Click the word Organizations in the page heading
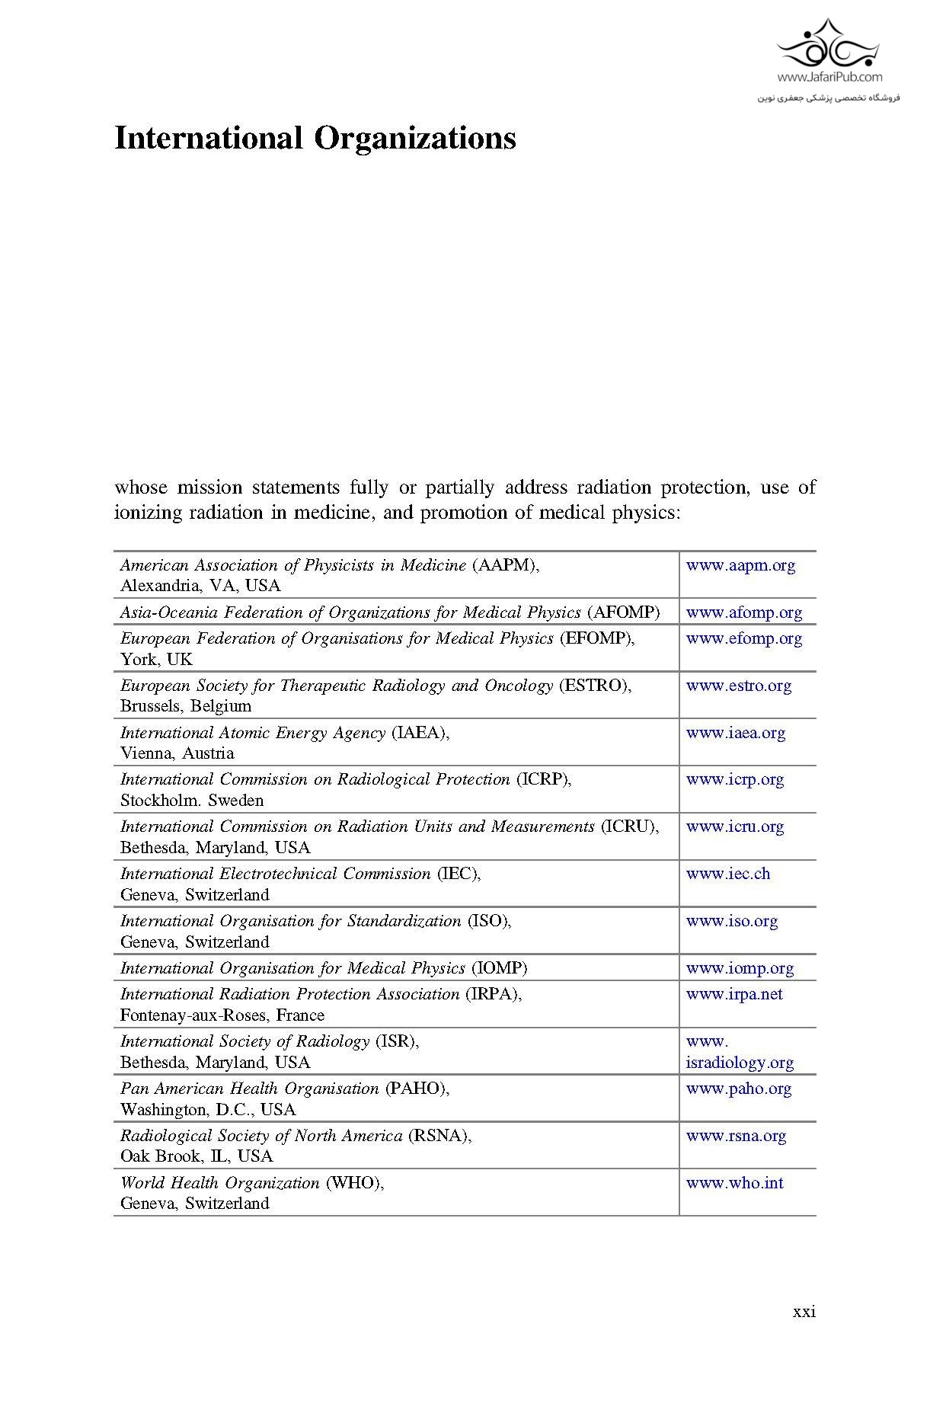tap(415, 139)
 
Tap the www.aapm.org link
tap(740, 565)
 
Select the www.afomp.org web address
tap(743, 612)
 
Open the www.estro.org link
tap(738, 686)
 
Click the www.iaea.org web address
tap(735, 733)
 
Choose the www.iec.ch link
tap(727, 874)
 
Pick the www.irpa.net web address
tap(733, 994)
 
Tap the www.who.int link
tap(734, 1183)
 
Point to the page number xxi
tap(804, 1312)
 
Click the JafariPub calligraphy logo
tap(829, 46)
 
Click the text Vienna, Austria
tap(177, 753)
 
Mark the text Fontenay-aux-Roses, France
tap(222, 1015)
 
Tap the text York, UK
tap(156, 660)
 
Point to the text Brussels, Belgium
tap(185, 706)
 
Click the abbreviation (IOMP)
tap(499, 968)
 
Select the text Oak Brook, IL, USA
tap(196, 1156)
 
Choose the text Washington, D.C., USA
tap(207, 1110)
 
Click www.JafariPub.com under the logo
tap(829, 77)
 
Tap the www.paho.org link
tap(738, 1089)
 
